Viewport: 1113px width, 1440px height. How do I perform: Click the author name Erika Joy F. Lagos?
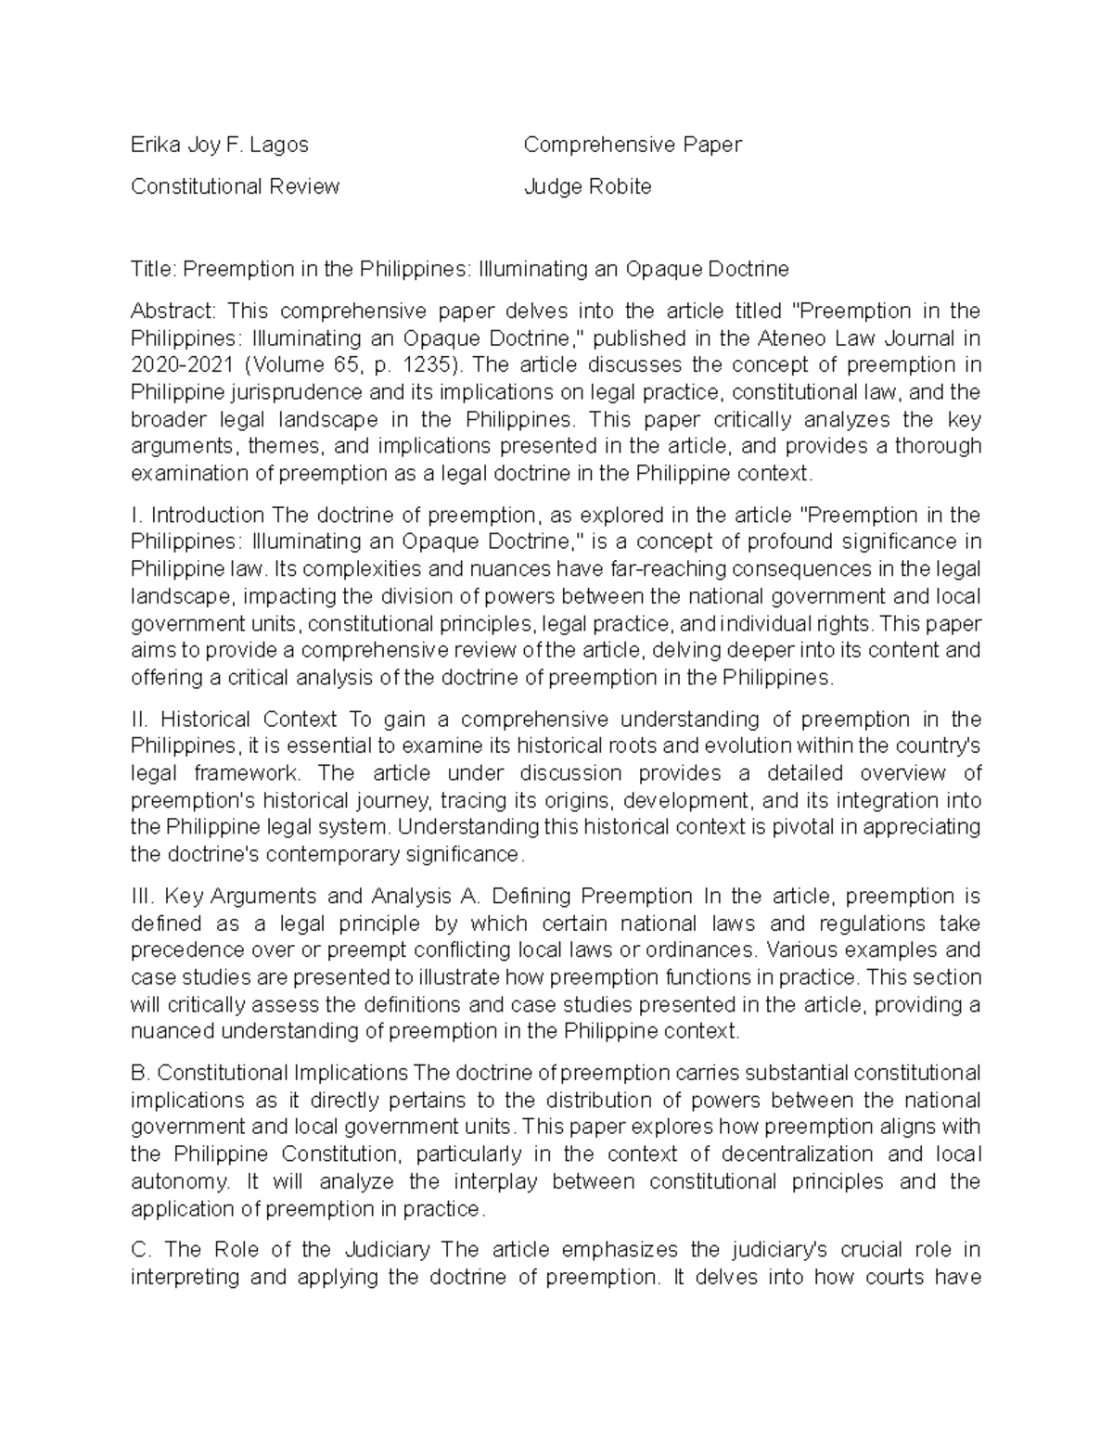click(x=220, y=145)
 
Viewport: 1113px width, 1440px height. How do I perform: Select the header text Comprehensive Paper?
click(x=633, y=145)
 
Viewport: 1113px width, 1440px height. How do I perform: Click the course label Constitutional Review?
click(x=235, y=186)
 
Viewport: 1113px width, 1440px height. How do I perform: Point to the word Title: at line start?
click(x=153, y=269)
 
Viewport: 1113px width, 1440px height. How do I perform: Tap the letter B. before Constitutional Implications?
click(x=140, y=1073)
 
